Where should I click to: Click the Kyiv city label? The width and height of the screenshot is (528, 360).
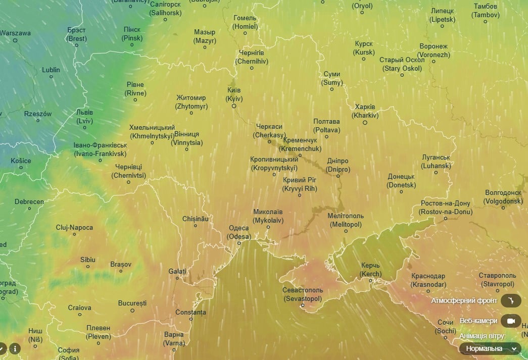[234, 94]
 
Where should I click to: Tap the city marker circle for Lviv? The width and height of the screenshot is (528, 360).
[83, 127]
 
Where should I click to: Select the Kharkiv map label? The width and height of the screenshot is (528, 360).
[365, 111]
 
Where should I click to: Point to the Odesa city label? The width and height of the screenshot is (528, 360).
[239, 232]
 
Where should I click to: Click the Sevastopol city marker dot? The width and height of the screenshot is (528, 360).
[303, 305]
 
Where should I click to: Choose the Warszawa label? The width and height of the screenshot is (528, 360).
[16, 33]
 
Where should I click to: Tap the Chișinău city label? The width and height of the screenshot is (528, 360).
[196, 219]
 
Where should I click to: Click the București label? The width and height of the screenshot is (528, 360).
[132, 303]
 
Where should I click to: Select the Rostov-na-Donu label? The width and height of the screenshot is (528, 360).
[445, 208]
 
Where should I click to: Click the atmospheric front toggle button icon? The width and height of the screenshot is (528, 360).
[511, 301]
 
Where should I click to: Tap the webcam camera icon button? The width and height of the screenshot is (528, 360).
[511, 321]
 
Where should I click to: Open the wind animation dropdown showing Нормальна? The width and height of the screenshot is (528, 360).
[490, 348]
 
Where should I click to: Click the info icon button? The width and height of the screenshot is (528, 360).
[15, 348]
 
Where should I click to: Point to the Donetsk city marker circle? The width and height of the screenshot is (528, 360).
[402, 191]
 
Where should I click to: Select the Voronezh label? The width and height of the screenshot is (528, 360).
[433, 50]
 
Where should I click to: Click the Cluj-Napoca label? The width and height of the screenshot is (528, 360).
[74, 228]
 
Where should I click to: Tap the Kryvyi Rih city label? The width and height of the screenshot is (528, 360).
[300, 184]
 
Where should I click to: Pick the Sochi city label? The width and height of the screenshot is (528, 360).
[445, 327]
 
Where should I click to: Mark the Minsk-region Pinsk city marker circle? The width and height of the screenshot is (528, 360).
[132, 45]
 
